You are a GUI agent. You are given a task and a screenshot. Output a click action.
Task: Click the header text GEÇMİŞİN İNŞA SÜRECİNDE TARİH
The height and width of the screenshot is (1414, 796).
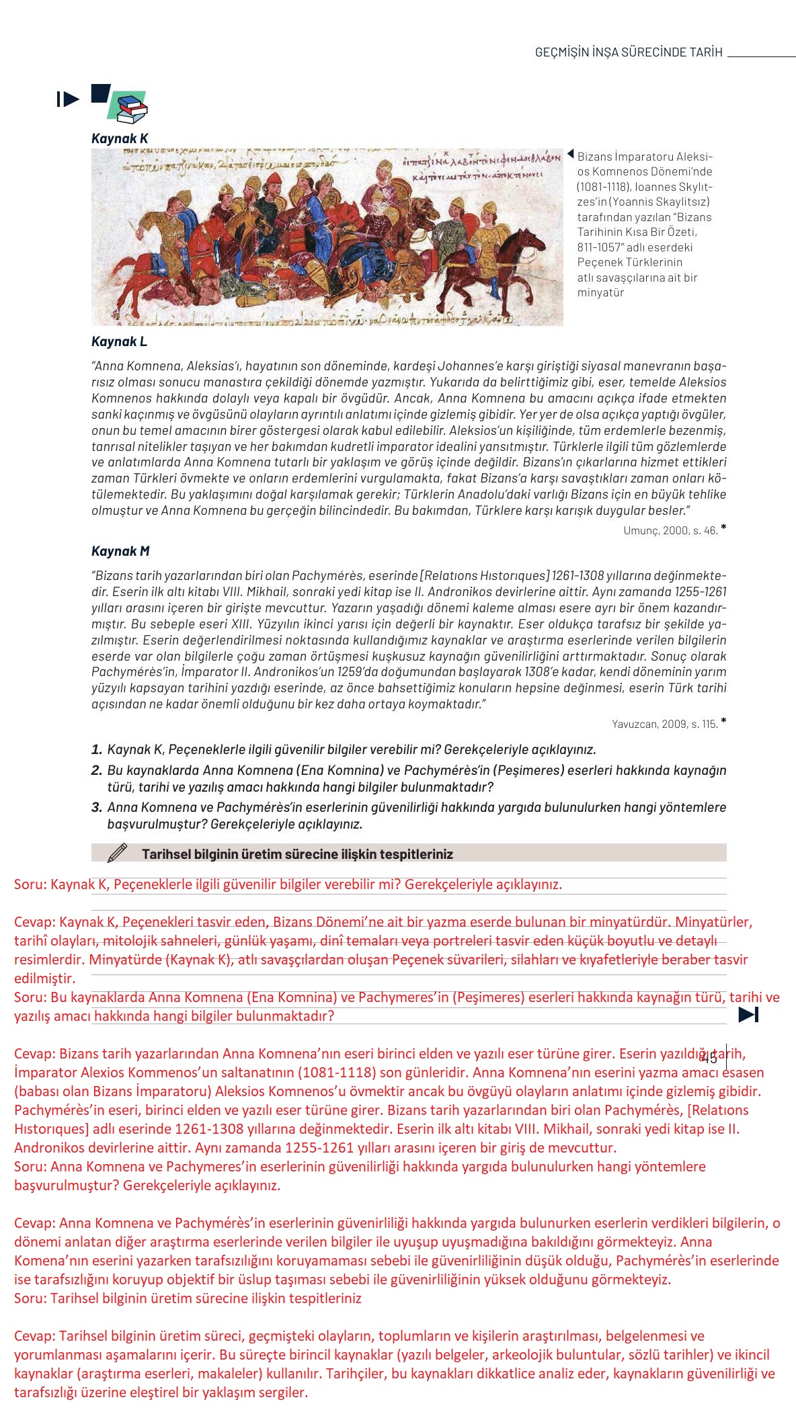click(628, 52)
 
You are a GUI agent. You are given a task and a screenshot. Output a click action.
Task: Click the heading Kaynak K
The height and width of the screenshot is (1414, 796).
click(120, 138)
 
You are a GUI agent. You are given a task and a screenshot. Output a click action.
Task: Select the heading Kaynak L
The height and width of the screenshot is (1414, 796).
click(119, 341)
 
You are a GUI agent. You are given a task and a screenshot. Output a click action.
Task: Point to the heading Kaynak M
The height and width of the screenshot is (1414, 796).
click(120, 551)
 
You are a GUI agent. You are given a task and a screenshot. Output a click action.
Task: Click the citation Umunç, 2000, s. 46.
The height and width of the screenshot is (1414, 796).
click(670, 530)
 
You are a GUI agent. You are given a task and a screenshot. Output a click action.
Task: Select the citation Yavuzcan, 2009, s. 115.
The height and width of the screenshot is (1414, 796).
click(664, 724)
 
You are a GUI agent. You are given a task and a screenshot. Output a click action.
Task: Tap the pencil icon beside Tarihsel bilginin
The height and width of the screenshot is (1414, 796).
click(117, 853)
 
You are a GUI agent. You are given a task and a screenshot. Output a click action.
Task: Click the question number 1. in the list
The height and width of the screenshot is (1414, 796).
click(97, 749)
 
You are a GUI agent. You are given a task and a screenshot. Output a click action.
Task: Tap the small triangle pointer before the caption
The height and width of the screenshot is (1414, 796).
click(571, 155)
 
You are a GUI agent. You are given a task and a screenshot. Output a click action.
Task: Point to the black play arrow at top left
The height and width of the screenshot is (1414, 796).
click(68, 99)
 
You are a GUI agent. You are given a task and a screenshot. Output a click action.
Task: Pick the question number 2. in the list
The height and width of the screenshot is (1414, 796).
click(97, 770)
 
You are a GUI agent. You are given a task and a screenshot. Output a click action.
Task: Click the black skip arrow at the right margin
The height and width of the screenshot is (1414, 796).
click(748, 1015)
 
